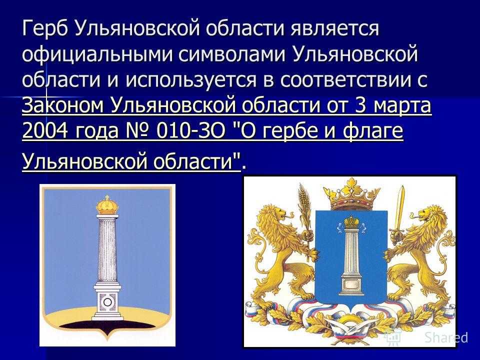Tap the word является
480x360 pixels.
coord(334,28)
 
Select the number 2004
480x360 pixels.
coord(44,131)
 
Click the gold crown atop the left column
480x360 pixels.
coord(107,204)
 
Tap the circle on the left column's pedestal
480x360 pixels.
coord(107,302)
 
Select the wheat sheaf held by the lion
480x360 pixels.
coord(304,208)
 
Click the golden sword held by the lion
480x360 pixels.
coord(399,211)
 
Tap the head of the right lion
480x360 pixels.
coord(431,214)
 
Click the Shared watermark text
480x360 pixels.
coord(446,337)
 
